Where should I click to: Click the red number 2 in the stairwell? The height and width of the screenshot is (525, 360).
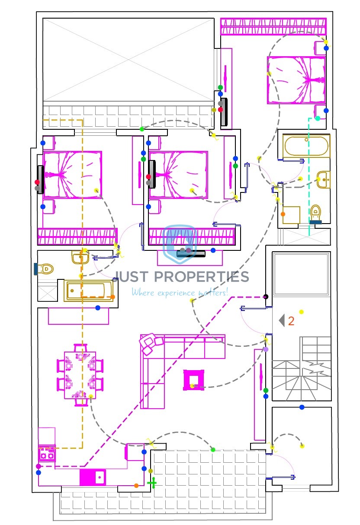tap(291, 321)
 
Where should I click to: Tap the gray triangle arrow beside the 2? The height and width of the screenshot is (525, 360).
tap(282, 320)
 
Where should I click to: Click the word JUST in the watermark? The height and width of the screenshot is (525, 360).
tap(132, 277)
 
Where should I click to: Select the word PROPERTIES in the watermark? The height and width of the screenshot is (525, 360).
tap(202, 277)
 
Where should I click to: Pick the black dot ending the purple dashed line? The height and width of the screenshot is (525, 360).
tap(266, 297)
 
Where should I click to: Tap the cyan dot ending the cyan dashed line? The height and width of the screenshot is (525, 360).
tap(318, 118)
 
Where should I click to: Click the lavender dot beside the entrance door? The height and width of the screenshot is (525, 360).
tap(266, 349)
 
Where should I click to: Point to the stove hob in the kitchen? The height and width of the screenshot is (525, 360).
tap(47, 453)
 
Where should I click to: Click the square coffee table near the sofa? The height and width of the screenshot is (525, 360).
tap(193, 380)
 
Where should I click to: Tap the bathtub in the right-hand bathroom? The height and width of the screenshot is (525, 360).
tap(306, 146)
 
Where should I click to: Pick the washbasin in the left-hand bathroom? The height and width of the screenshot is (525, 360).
tap(80, 257)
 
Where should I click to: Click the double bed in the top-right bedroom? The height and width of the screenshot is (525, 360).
tap(296, 80)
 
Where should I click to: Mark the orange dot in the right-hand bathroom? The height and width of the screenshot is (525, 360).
tap(283, 214)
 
